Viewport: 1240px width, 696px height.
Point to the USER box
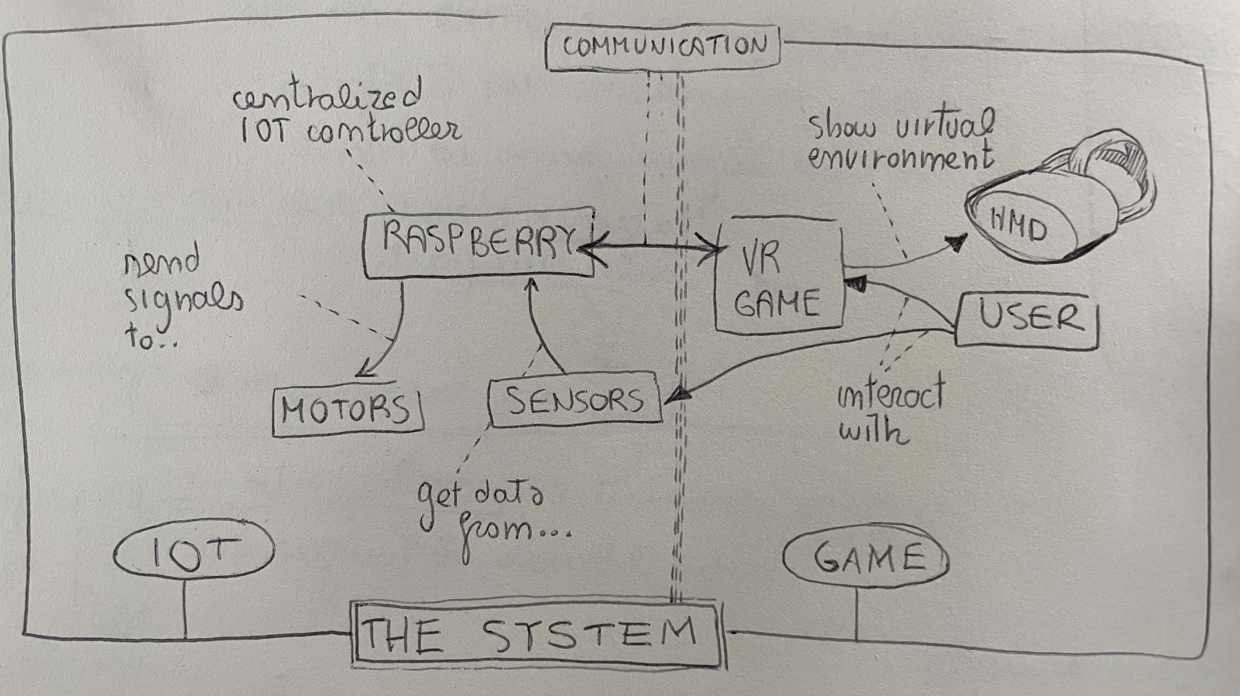1027,319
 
